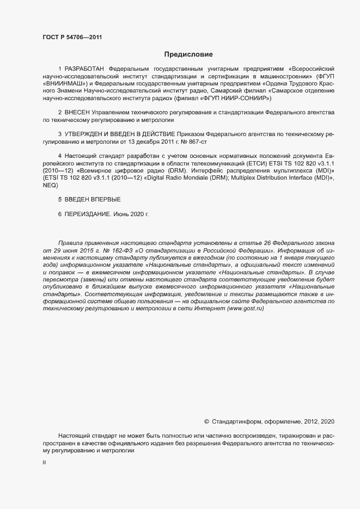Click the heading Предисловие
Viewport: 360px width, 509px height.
click(x=189, y=54)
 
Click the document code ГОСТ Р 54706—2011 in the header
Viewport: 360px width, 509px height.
click(x=72, y=38)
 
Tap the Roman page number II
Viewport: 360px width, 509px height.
click(x=44, y=462)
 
